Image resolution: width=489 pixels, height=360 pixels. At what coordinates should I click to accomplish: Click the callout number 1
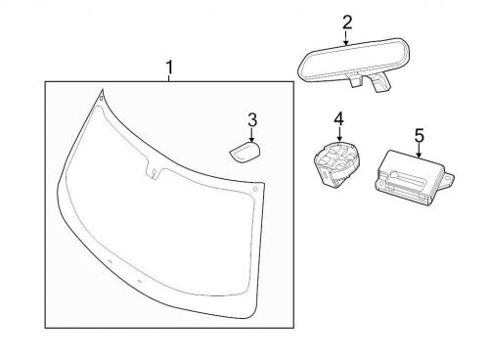point(169,68)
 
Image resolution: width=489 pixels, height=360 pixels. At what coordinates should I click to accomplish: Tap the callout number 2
point(346,22)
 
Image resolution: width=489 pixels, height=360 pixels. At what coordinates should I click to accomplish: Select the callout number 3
point(251,119)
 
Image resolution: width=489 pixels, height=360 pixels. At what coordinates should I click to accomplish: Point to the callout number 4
point(338,118)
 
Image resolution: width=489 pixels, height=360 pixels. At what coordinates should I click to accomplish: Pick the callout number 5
point(419,135)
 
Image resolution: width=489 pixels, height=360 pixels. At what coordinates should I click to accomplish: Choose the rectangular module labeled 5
point(407,175)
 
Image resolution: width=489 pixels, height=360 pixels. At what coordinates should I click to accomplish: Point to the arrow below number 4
point(338,134)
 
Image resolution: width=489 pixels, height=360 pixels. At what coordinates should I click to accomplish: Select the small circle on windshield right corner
point(255,187)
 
